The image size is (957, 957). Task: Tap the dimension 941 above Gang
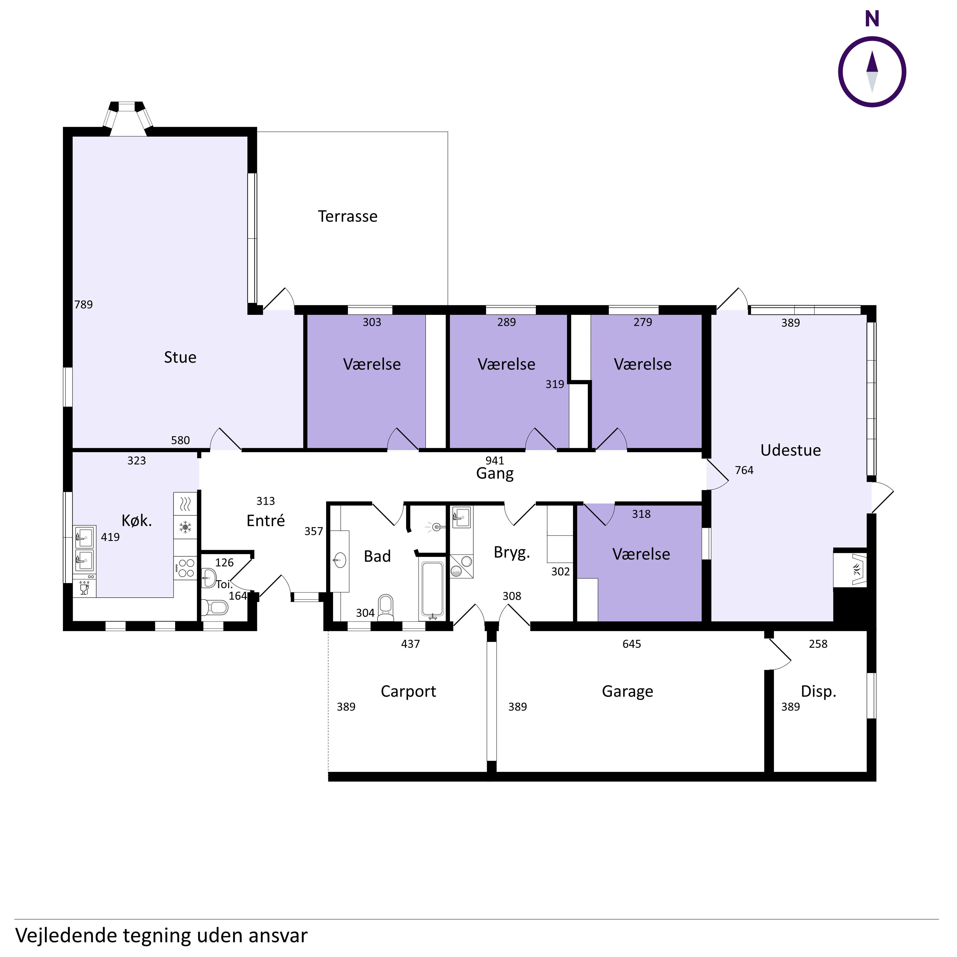pos(494,461)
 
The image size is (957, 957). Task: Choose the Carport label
pos(408,691)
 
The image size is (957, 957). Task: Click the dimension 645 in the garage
pos(632,644)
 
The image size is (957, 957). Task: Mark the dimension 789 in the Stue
pos(83,305)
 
